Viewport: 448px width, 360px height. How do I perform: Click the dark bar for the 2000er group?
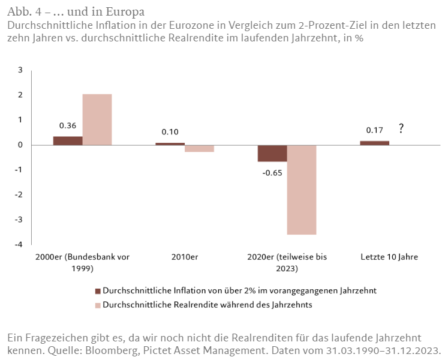click(x=68, y=141)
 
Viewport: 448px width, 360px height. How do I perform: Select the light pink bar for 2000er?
click(x=97, y=119)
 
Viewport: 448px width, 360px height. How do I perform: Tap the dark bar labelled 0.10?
click(x=170, y=144)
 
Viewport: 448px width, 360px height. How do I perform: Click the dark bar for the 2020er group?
click(x=272, y=153)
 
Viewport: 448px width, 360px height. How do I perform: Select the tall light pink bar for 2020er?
click(x=302, y=190)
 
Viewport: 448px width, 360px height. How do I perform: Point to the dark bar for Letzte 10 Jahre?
click(x=375, y=143)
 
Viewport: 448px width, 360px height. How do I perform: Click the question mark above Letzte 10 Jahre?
click(x=401, y=128)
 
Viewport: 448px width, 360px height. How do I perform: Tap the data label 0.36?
click(x=68, y=126)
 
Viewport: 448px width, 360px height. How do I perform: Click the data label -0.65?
click(x=273, y=172)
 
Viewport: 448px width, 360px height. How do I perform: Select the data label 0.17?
click(x=375, y=130)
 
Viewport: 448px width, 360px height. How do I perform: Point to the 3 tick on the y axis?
click(x=20, y=70)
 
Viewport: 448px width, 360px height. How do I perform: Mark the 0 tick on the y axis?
click(x=20, y=145)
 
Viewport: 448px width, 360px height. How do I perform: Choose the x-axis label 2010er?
click(x=185, y=257)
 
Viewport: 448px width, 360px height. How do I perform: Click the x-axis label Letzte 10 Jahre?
click(x=389, y=257)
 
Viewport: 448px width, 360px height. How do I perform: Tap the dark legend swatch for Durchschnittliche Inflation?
click(x=99, y=291)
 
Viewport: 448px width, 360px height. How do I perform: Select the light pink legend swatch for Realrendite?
click(x=99, y=305)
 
